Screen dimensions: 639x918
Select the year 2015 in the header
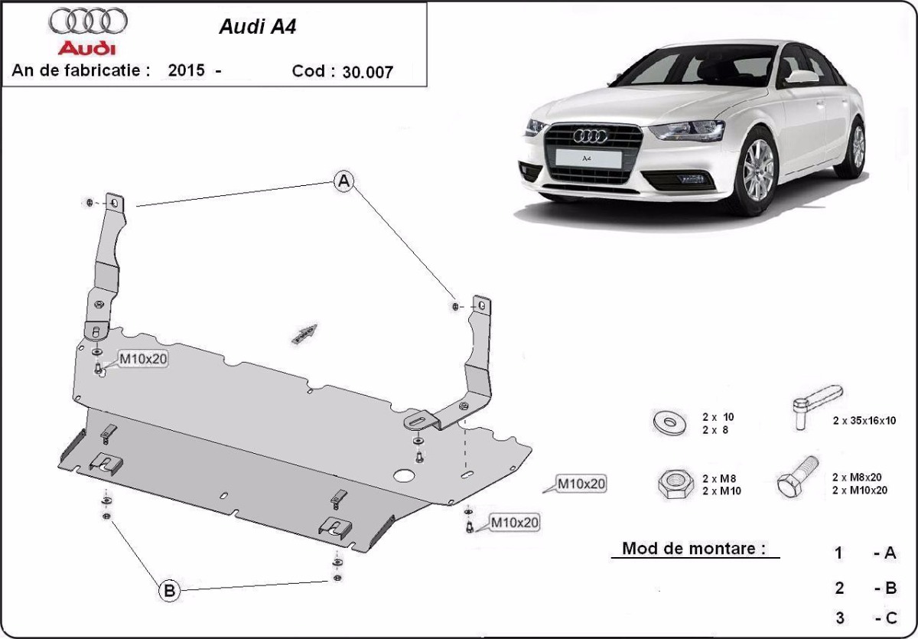[186, 70]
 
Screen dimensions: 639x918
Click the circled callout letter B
[169, 590]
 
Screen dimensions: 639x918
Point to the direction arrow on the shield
[304, 333]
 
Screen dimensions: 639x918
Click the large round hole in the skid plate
[402, 474]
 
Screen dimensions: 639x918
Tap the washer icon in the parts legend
[669, 422]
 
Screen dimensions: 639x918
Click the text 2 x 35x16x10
[864, 420]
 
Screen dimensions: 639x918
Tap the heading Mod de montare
[694, 548]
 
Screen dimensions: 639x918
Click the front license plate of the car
[588, 158]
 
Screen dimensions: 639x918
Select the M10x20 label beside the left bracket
[142, 360]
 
